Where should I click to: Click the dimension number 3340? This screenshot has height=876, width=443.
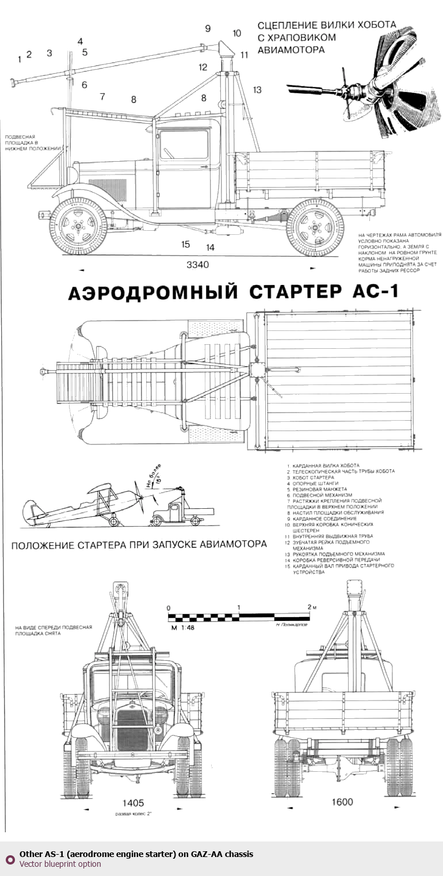click(x=198, y=265)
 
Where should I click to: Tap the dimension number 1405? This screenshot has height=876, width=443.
click(x=133, y=802)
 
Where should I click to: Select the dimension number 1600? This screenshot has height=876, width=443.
click(x=342, y=802)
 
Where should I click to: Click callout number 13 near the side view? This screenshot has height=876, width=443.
click(x=257, y=89)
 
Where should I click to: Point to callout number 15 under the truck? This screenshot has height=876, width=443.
click(x=185, y=244)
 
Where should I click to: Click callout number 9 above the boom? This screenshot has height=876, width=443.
click(x=208, y=28)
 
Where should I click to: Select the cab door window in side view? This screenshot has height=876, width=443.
click(x=184, y=145)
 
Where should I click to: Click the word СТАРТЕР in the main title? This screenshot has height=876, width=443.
click(x=295, y=292)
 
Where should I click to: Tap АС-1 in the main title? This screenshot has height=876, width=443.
click(x=373, y=292)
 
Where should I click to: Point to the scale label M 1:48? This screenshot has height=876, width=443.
click(x=183, y=627)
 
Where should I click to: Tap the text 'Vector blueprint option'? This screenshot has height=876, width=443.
click(x=60, y=864)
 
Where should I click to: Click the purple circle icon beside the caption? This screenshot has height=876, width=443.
click(x=10, y=859)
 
